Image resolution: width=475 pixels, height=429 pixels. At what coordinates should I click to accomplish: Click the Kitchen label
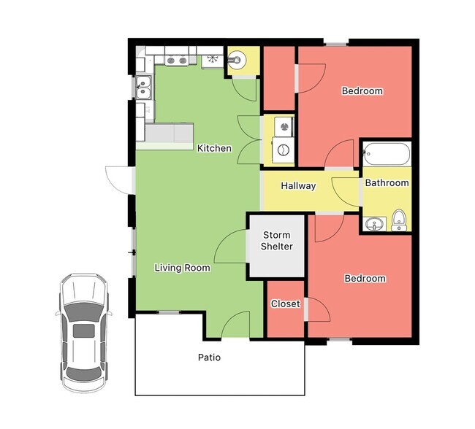coord(214,148)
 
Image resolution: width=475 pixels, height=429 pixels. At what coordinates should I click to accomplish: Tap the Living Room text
coord(182,268)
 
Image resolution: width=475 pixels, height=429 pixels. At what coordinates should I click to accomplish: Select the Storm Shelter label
coord(277,241)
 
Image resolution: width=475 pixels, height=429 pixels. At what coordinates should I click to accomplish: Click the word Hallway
coord(298,186)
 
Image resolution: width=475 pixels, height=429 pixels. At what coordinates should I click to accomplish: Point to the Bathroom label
coord(387,182)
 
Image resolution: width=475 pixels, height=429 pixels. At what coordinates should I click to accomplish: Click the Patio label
coord(209,357)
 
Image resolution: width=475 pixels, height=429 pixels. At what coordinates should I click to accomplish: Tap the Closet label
coord(285,304)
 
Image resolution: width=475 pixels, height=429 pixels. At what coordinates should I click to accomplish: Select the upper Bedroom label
coord(362,91)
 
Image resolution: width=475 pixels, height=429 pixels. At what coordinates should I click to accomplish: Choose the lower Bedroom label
coord(365,278)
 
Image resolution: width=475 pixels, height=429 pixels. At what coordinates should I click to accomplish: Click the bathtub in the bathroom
coord(387,155)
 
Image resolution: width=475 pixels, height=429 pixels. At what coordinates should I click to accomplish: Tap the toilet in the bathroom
coord(399,219)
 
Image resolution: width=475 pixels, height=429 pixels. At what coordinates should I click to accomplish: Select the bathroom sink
coord(374,224)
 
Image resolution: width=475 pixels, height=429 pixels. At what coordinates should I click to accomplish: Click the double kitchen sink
coord(142,88)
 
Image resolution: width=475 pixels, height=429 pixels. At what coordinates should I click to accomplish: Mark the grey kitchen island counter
coord(169,133)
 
